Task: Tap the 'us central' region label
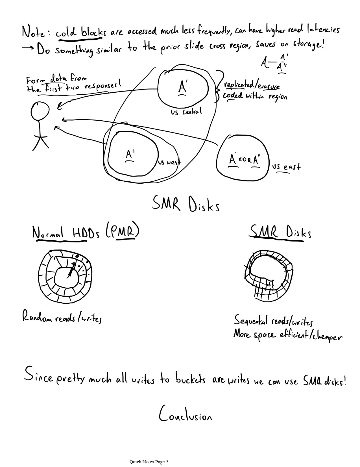coord(186,112)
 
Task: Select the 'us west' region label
coord(169,163)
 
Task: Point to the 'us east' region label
coord(286,167)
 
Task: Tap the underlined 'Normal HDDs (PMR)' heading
coord(86,233)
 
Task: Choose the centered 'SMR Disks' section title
coord(186,204)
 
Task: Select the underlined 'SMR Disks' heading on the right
coord(280,233)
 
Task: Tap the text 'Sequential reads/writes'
coord(273,321)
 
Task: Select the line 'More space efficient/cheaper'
coord(287,335)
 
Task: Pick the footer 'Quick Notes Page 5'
coord(149,462)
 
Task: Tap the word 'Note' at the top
coord(33,32)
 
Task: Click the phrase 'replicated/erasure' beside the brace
coord(252,86)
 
